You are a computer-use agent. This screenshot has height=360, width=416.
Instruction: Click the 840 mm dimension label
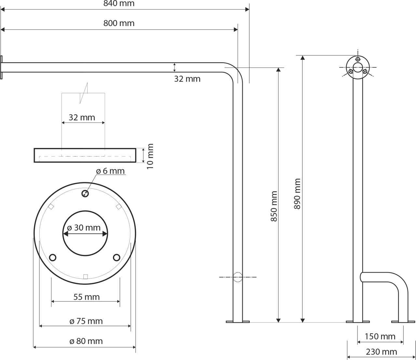(x=119, y=4)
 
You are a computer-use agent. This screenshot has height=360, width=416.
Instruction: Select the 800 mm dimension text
(x=119, y=23)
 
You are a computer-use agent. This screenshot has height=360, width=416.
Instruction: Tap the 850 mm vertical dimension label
(x=274, y=206)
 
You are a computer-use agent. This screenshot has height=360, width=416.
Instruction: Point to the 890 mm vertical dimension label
(x=297, y=194)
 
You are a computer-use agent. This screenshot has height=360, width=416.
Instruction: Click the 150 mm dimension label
(x=380, y=337)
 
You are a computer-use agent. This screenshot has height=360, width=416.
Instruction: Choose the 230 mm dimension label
(x=381, y=352)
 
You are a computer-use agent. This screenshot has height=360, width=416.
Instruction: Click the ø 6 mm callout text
(x=110, y=171)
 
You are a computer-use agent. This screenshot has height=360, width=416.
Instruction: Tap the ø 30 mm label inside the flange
(x=84, y=228)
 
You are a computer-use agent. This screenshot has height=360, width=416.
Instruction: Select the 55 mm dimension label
(x=86, y=297)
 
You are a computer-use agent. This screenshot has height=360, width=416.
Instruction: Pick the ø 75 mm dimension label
(x=86, y=321)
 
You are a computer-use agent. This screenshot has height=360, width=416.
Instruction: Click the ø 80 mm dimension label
(x=86, y=341)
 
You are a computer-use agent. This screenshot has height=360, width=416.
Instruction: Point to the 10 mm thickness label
(x=150, y=156)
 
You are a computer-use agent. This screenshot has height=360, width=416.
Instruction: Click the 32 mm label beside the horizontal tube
(x=187, y=79)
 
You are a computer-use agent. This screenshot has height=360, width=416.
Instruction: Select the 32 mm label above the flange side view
(x=82, y=118)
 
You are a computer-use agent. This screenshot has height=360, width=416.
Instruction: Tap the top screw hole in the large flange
(x=85, y=194)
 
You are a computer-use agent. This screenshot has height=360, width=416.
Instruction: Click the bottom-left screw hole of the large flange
(x=52, y=257)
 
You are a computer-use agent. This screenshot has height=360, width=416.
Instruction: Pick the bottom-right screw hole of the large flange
(x=117, y=257)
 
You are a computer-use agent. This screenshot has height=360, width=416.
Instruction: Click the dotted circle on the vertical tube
(x=238, y=277)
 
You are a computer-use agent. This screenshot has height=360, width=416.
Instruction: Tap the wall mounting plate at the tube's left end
(x=1, y=67)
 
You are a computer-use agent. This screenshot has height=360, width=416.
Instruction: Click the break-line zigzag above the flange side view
(x=84, y=93)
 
